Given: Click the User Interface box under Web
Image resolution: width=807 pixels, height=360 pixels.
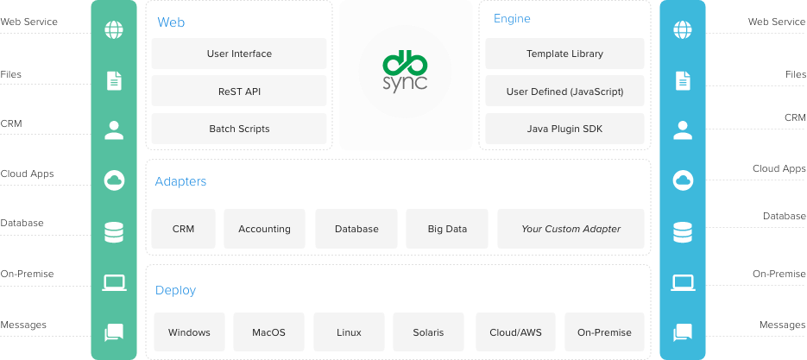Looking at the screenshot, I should [x=239, y=54].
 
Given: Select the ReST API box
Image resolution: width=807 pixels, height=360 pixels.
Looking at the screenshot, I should [x=239, y=91].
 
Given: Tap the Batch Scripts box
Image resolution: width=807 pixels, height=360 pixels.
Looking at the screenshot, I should [x=239, y=129].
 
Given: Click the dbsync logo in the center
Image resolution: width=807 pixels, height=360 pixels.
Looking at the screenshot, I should [x=405, y=75].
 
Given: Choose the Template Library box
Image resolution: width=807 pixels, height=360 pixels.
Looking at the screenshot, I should [x=564, y=54].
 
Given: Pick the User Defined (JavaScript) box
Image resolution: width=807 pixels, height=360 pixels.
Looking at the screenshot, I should [x=564, y=91].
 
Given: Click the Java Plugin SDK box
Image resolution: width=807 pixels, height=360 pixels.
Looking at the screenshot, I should [x=564, y=129].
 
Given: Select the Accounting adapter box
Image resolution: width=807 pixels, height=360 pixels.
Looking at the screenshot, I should [x=264, y=229].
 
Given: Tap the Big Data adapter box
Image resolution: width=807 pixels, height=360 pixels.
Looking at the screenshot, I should [x=447, y=229].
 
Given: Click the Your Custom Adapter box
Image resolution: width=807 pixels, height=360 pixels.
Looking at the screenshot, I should [x=571, y=229].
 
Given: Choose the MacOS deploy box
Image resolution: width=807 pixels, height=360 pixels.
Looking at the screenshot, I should [x=268, y=332].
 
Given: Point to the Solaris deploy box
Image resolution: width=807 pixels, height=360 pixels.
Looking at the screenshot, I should [x=428, y=332].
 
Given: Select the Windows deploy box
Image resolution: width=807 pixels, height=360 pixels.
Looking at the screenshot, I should [x=189, y=332].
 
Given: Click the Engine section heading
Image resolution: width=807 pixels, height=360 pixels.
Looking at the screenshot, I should [x=512, y=18].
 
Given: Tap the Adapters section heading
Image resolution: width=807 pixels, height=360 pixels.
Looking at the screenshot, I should [x=180, y=182].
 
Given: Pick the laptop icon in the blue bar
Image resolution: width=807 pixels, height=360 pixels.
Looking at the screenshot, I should [x=683, y=281].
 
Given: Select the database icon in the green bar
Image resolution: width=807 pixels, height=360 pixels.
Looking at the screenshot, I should [x=114, y=231].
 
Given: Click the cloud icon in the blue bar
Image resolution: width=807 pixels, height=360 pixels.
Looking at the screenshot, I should [x=683, y=180].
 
